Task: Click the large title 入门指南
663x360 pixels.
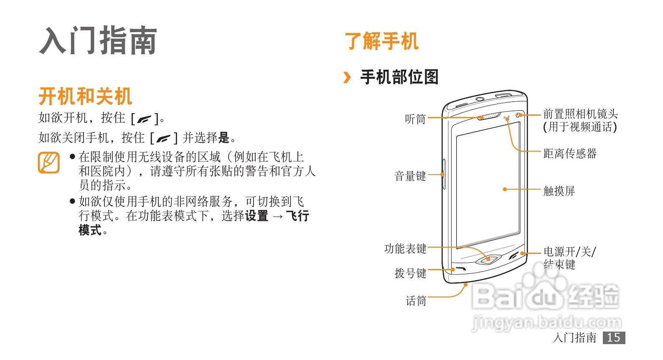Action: tap(98, 41)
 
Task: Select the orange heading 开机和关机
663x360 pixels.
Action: tap(85, 96)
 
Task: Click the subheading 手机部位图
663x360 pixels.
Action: tap(399, 77)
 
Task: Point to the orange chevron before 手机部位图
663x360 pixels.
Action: tap(347, 77)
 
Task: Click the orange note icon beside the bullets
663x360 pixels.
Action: tap(49, 163)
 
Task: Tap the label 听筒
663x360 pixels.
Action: tap(415, 119)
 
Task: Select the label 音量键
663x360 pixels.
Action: tap(410, 176)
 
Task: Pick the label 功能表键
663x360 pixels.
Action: tap(405, 249)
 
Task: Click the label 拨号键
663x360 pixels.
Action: tap(410, 274)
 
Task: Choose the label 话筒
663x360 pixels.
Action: tap(416, 301)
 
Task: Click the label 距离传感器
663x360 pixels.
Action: tap(570, 154)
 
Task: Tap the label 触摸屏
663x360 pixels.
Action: tap(559, 191)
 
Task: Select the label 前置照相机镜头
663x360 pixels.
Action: tap(580, 114)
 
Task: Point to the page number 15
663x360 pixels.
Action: tap(614, 337)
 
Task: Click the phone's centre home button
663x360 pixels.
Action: tap(488, 259)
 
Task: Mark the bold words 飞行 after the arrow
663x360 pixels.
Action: tap(297, 216)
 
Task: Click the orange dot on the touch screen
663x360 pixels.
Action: tap(505, 189)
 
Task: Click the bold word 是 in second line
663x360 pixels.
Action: tap(224, 137)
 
